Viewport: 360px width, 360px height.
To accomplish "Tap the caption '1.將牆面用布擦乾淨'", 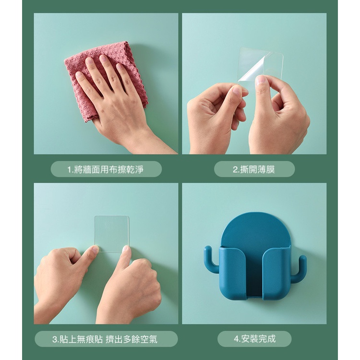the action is pos(106,169).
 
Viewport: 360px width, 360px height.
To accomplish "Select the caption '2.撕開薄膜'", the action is pos(254,169).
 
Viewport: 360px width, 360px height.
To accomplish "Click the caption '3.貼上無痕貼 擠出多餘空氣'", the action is pos(105,339).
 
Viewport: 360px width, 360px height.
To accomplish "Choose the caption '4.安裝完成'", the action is pos(254,339).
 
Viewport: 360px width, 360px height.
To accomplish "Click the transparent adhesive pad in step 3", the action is pos(112,233).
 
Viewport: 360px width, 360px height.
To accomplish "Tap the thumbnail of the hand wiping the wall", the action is pos(106,84).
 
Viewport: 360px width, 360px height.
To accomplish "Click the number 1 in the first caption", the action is pos(69,170).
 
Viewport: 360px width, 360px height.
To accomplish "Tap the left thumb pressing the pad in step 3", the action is pos(93,250).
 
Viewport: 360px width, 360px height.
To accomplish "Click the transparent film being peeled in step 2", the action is pos(261,64).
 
